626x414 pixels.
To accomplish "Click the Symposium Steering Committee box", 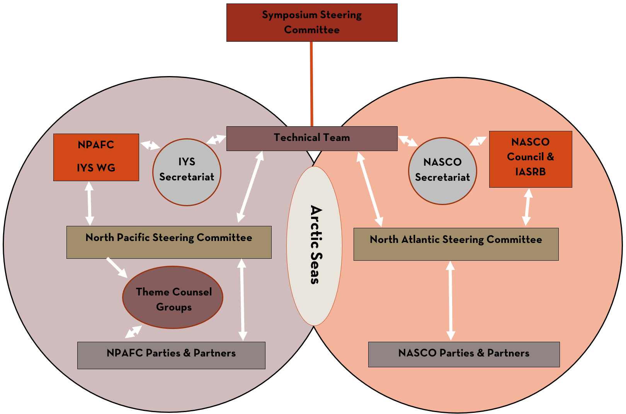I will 312,22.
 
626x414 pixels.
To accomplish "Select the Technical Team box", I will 312,138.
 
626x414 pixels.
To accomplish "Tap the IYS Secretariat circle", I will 187,172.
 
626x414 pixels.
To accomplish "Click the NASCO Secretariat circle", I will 442,171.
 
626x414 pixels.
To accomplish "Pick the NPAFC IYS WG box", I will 96,157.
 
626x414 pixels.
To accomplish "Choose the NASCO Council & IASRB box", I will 531,159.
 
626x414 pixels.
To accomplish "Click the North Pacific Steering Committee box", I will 169,242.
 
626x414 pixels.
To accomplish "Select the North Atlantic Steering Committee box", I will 456,244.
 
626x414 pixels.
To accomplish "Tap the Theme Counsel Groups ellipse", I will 173,297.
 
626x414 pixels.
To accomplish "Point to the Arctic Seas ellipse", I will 314,246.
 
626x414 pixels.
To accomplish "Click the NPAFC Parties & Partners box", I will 171,355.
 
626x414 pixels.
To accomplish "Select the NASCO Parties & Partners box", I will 464,354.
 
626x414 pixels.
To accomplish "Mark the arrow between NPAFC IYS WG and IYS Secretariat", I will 150,145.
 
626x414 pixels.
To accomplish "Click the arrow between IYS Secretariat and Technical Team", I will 216,139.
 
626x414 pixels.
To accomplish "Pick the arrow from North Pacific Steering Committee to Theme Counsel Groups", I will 117,267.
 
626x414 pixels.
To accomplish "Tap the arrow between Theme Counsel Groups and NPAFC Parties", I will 133,332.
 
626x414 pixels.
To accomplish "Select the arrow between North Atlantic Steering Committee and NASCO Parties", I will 451,301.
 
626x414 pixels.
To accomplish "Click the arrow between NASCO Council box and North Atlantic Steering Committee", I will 527,207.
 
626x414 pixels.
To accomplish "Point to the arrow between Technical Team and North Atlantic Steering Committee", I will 370,189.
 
